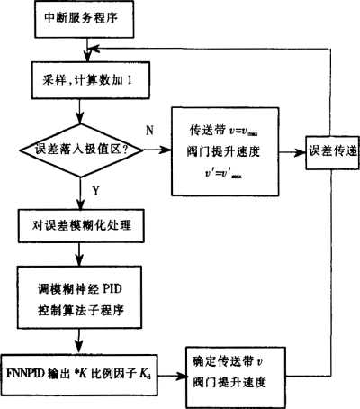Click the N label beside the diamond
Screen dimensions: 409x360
(149, 131)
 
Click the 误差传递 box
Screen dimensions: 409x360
(329, 150)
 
